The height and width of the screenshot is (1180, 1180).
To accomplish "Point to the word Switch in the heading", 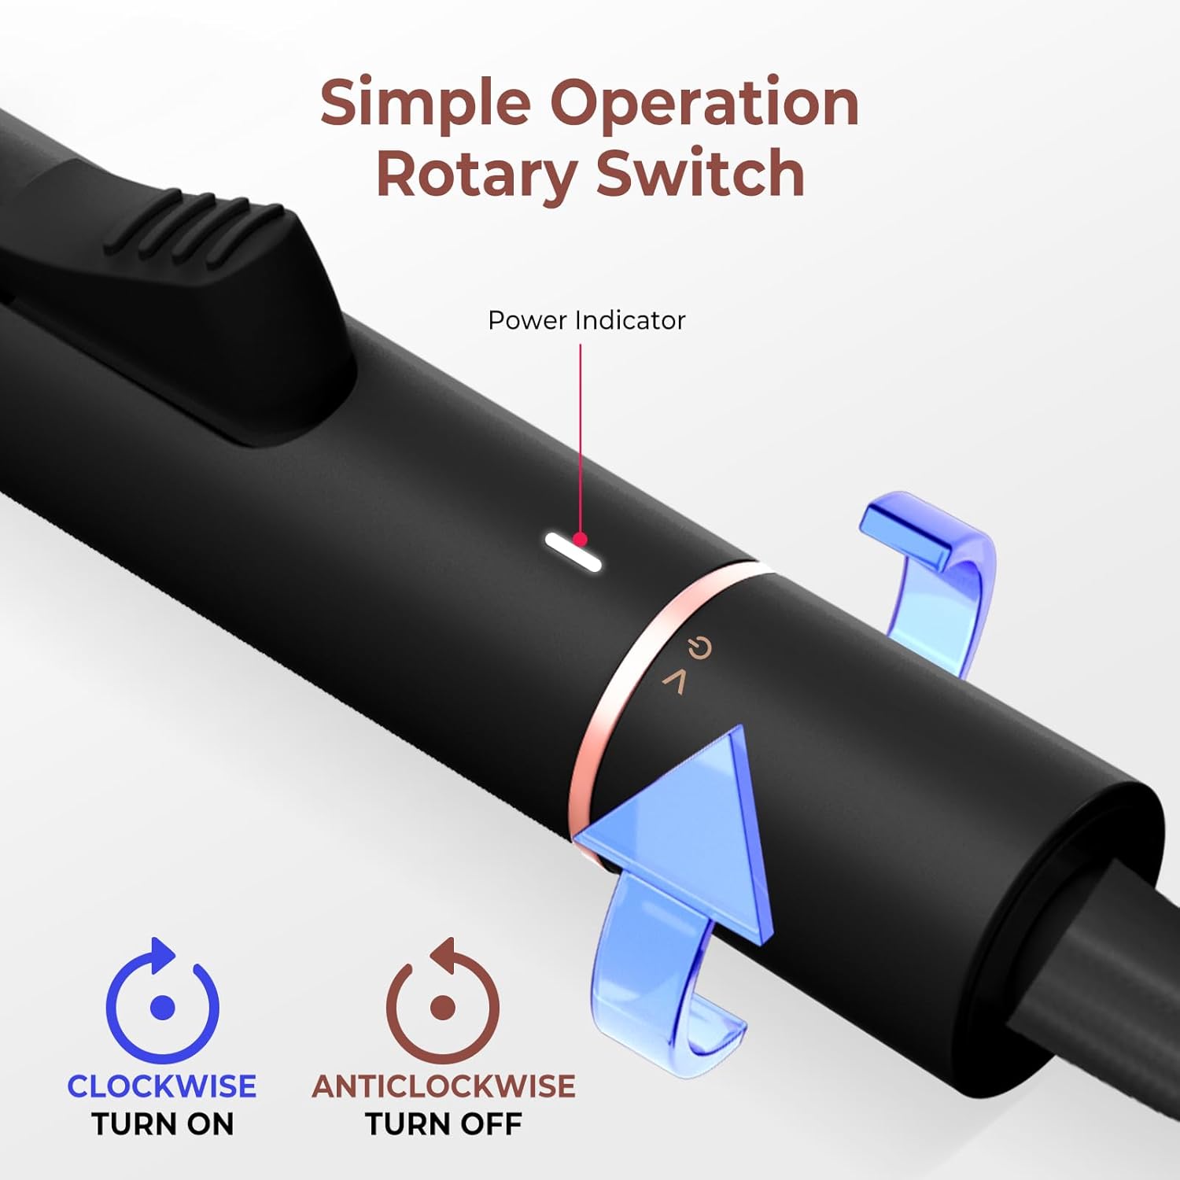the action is [x=700, y=173].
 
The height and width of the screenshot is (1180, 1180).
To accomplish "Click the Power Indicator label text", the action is [x=587, y=320].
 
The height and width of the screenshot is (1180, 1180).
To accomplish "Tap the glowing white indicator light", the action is [x=573, y=551].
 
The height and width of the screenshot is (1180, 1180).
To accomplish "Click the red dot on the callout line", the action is [x=581, y=539].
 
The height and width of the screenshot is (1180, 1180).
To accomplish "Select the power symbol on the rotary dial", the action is [x=699, y=648].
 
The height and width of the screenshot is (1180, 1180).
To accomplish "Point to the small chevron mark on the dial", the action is [x=674, y=681].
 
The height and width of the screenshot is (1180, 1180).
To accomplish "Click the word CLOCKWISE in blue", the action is [x=161, y=1086].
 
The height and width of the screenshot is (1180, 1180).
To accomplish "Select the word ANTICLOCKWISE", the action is [x=444, y=1086].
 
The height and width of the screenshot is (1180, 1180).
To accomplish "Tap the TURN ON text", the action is [x=162, y=1124].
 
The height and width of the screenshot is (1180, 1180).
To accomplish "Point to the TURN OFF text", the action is [x=444, y=1124].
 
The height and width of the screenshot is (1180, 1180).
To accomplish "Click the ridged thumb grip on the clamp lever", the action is [x=197, y=228].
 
